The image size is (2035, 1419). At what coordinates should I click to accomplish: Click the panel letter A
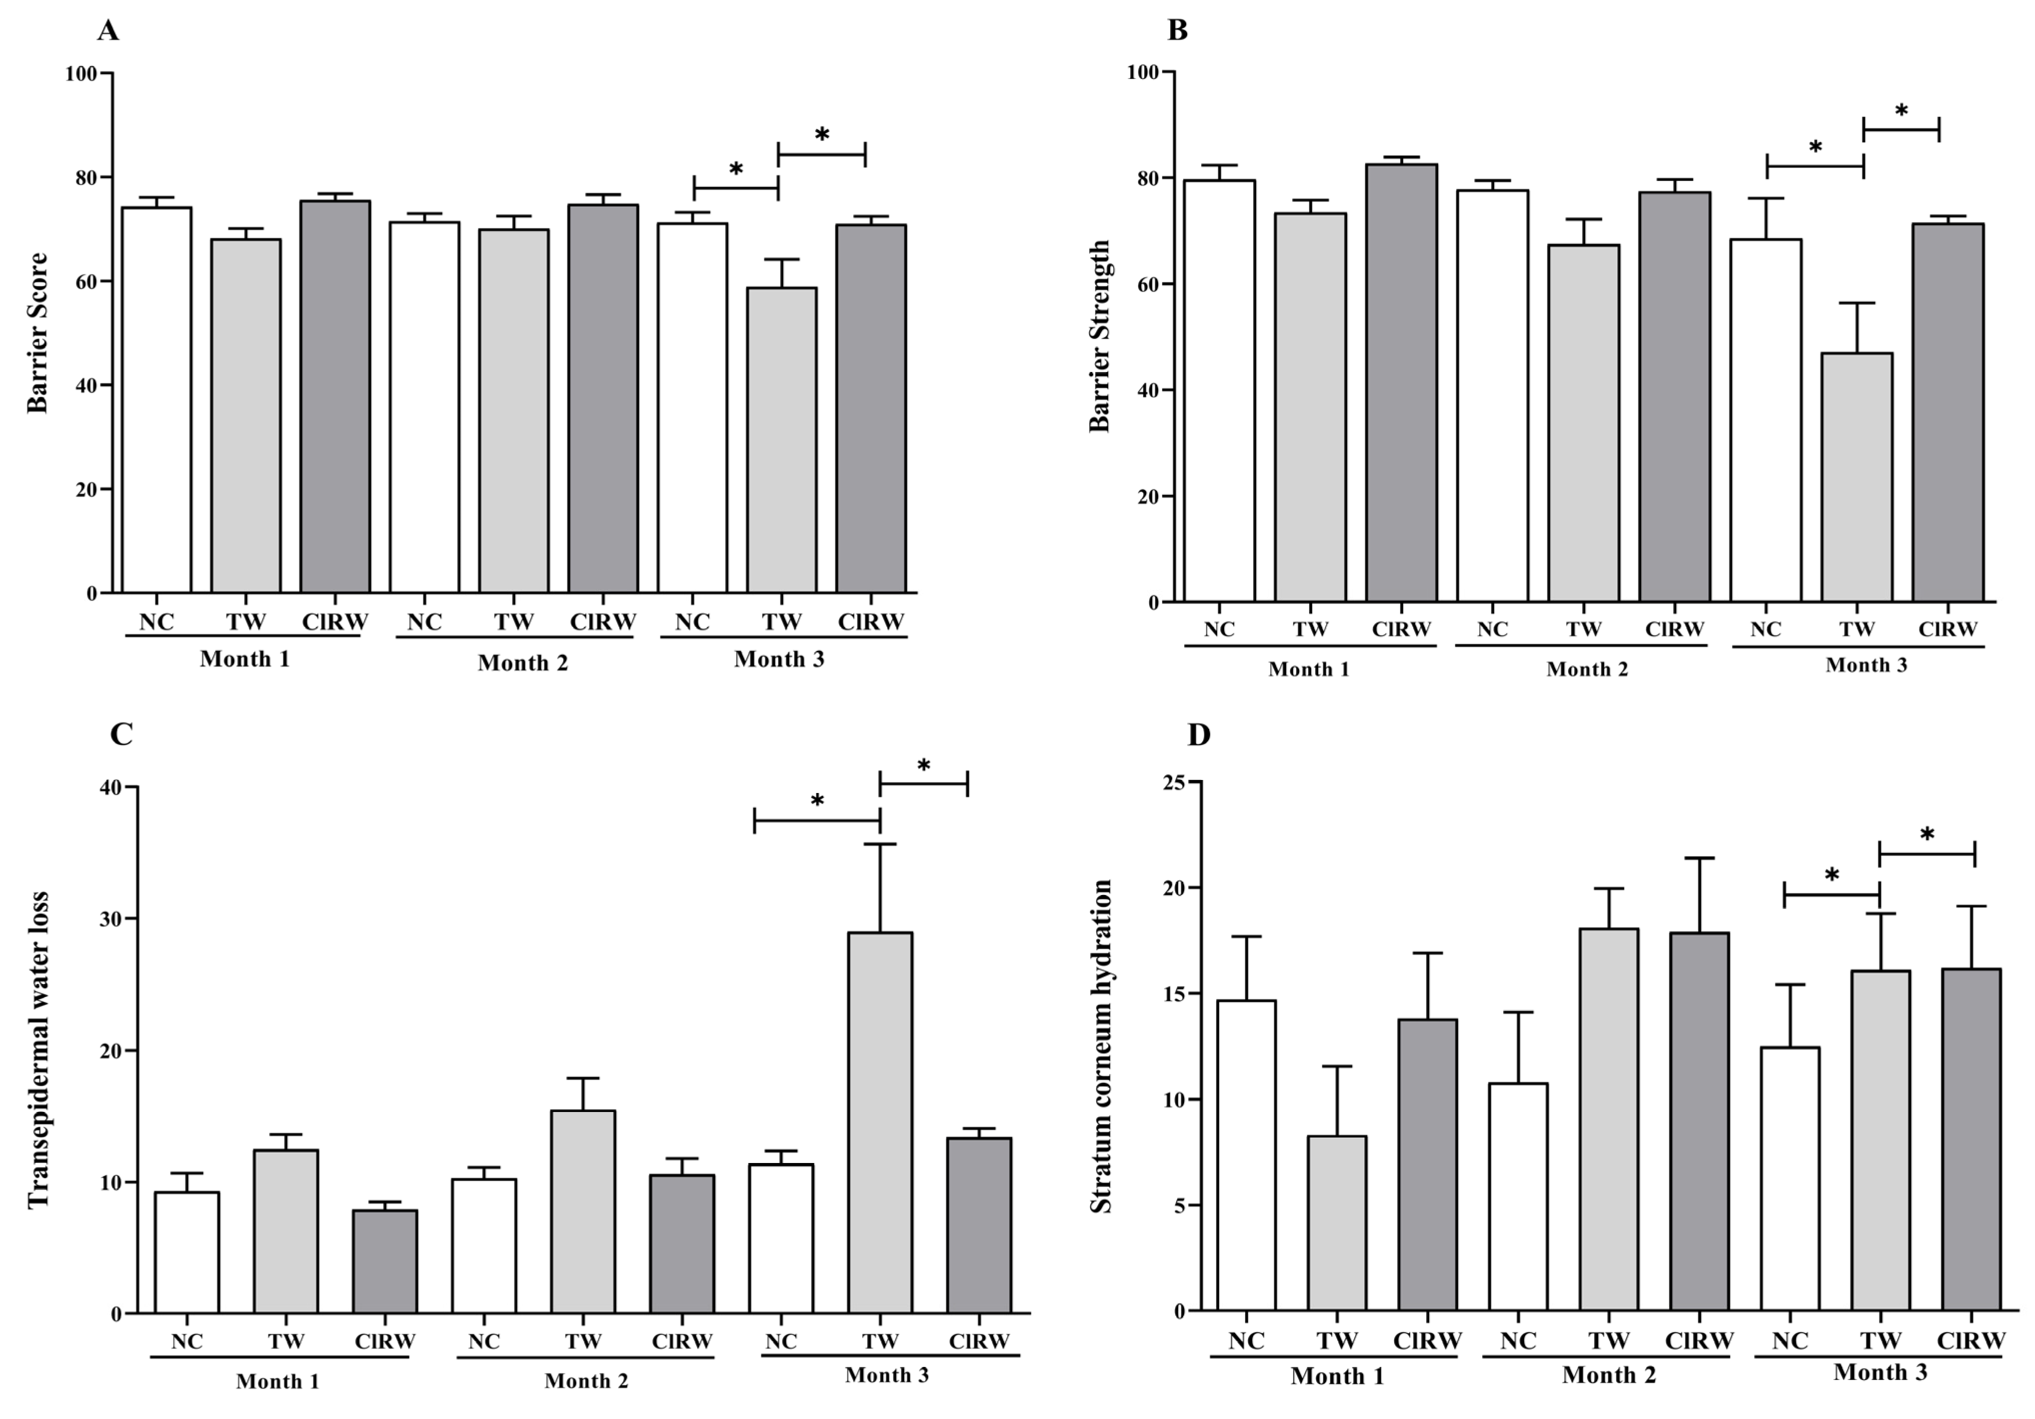pos(108,31)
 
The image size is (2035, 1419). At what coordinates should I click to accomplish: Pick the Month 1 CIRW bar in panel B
pos(1401,383)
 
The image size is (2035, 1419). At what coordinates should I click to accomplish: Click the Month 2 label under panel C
pos(586,1381)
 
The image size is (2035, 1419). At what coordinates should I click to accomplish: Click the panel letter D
pos(1198,735)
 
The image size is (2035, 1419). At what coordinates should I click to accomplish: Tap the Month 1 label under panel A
pos(244,659)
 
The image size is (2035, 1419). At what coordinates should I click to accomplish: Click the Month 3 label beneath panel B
pos(1866,664)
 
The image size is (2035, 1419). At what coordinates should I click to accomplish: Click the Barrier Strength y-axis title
pos(1099,336)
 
